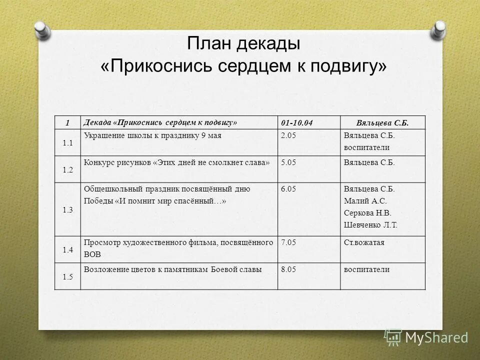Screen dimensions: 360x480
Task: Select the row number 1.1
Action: (x=68, y=143)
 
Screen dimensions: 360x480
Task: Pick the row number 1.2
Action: (x=68, y=169)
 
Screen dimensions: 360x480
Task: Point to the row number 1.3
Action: (x=68, y=210)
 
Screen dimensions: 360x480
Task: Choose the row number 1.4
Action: (x=68, y=249)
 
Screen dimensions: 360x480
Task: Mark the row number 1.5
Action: (x=68, y=276)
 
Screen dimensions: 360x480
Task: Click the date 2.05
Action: (x=289, y=135)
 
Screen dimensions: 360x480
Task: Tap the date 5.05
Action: (x=289, y=162)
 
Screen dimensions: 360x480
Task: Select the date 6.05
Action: (x=289, y=189)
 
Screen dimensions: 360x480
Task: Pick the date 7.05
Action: (x=289, y=242)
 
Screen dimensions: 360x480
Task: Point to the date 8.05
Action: (x=289, y=269)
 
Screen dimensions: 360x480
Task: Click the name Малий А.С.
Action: (x=365, y=201)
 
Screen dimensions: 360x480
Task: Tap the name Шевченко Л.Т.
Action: (x=370, y=225)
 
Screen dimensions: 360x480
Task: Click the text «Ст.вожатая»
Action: (x=364, y=242)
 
